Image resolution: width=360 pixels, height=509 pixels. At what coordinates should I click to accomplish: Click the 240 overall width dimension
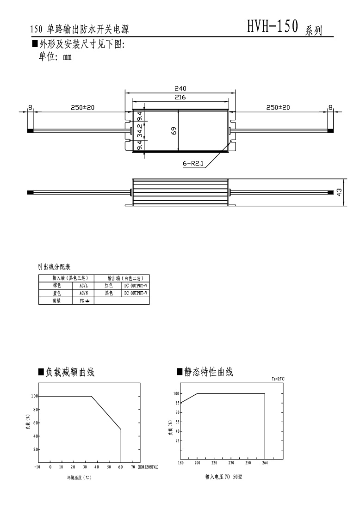point(180,88)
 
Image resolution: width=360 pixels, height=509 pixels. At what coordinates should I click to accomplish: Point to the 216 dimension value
point(180,98)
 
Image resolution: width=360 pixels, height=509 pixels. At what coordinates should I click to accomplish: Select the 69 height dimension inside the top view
point(174,131)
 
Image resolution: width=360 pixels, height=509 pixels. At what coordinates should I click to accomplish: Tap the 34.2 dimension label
point(139,132)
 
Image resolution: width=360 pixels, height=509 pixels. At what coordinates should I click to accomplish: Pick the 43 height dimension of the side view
point(340,192)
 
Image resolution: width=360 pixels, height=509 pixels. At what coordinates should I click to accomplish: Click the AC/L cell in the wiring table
point(83,286)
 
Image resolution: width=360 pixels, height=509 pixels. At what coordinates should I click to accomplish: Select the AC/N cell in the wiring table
point(83,293)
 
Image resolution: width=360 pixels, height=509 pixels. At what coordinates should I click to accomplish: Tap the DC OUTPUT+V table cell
point(136,286)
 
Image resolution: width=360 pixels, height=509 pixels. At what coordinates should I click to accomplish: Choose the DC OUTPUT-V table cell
point(136,293)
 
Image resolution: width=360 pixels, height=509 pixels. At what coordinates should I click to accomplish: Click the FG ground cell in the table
point(83,300)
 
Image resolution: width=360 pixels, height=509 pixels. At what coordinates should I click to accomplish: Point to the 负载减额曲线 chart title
point(70,372)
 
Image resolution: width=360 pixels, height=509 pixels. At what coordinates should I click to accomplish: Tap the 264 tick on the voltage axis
point(265,462)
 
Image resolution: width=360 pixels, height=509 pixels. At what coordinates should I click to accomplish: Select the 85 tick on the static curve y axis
point(176,403)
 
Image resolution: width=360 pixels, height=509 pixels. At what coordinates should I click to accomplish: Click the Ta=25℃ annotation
point(278,379)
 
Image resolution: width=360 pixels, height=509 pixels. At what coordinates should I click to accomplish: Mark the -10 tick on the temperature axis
point(37,467)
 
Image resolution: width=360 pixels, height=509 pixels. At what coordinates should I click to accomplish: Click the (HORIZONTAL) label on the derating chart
point(148,467)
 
